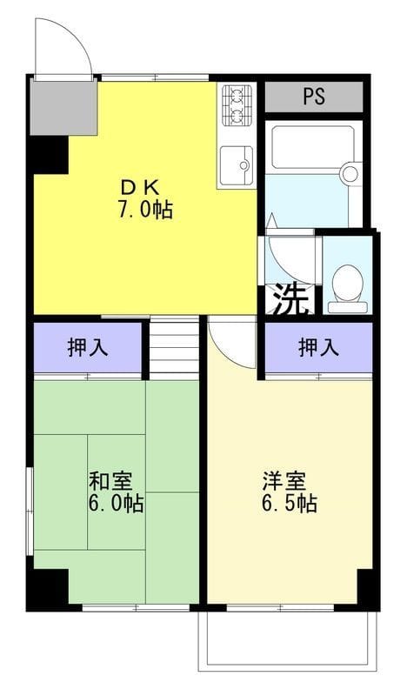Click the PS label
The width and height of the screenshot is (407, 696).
tap(314, 97)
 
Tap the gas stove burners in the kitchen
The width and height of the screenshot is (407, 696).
tap(237, 105)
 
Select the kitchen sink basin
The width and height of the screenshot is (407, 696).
tap(237, 164)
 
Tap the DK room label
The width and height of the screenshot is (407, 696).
tap(140, 188)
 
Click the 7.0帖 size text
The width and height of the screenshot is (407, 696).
tap(144, 209)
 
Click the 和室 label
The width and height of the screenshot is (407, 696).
tap(110, 482)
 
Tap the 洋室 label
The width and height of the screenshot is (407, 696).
tap(284, 482)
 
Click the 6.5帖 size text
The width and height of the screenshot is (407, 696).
tap(289, 504)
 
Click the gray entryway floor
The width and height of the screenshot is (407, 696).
tap(63, 108)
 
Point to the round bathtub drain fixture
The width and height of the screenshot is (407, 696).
tap(350, 173)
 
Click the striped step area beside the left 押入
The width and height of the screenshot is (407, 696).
tap(174, 349)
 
